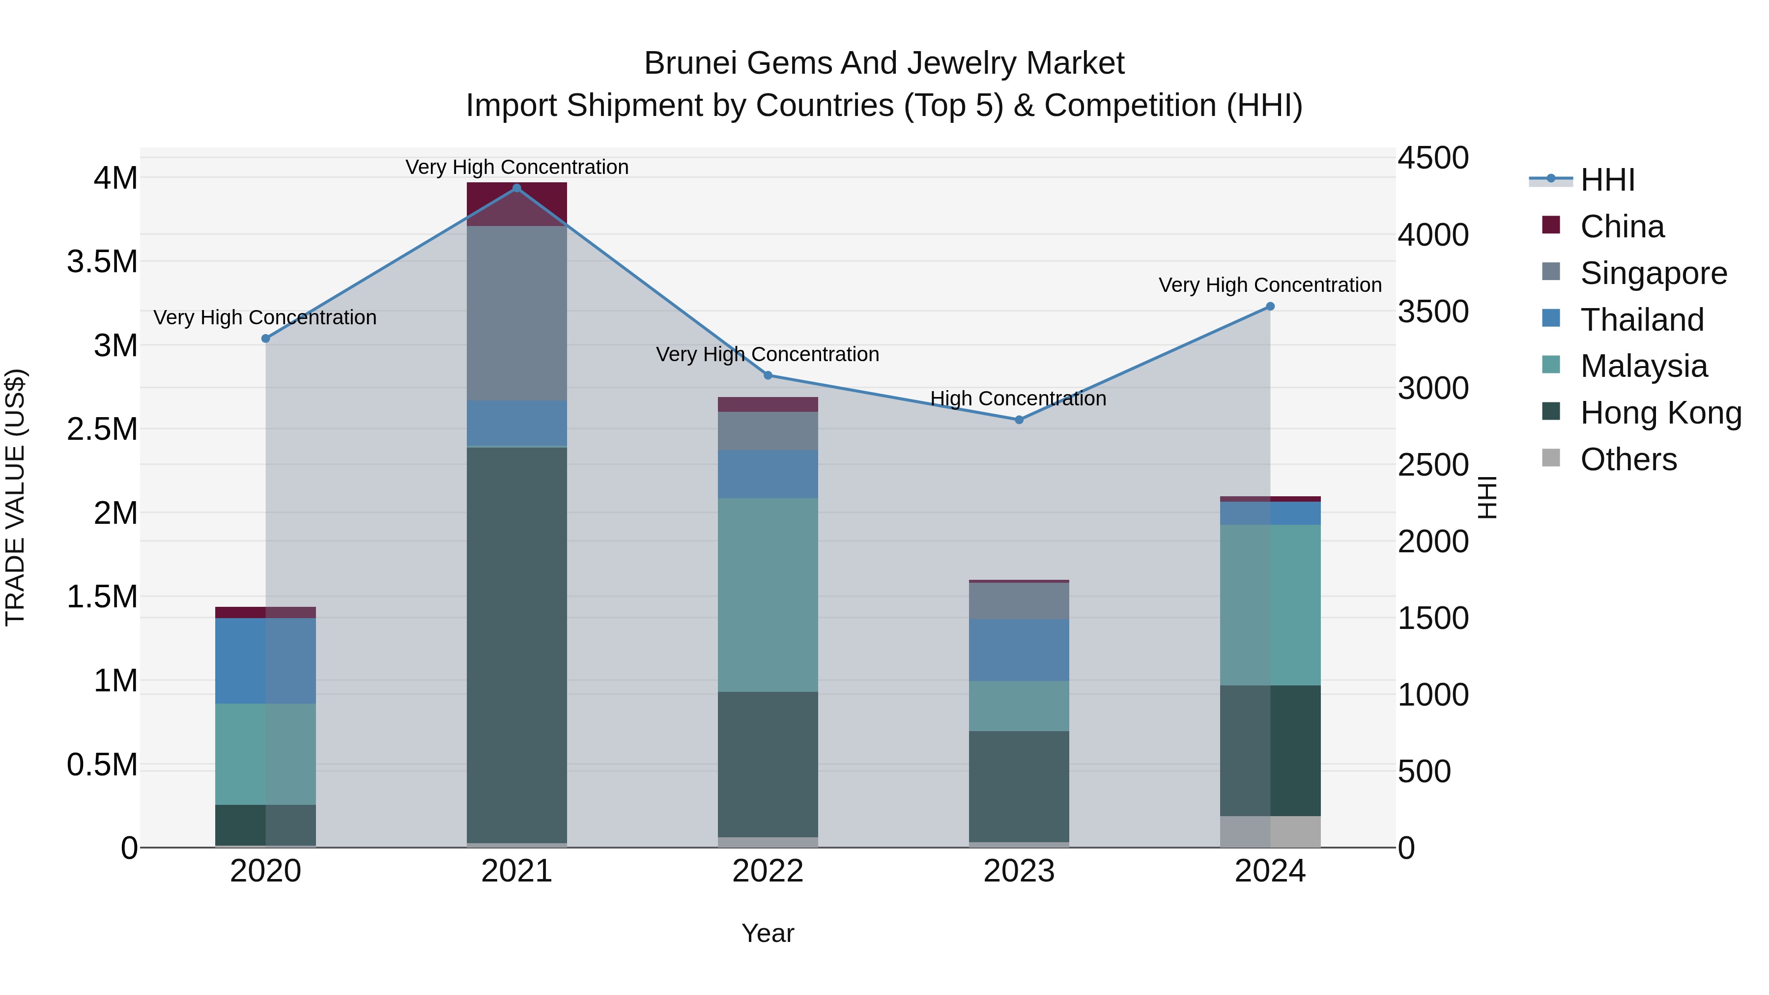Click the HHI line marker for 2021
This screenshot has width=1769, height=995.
(x=517, y=188)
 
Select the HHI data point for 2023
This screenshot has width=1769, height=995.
(x=1019, y=420)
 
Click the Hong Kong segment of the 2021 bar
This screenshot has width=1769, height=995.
(x=517, y=646)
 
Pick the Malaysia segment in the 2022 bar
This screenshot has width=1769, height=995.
(x=768, y=595)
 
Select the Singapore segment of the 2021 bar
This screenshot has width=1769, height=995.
(x=517, y=313)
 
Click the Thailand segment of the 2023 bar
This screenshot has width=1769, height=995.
(x=1019, y=650)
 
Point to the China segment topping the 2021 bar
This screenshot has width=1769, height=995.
(x=517, y=204)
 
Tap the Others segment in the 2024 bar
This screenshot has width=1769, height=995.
(x=1270, y=831)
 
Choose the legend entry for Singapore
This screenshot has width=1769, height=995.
(x=1653, y=273)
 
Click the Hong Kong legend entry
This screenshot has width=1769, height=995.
(x=1660, y=413)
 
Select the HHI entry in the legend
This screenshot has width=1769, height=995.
(x=1607, y=180)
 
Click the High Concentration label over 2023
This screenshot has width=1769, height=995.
(x=1018, y=398)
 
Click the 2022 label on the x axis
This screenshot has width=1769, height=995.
(x=768, y=871)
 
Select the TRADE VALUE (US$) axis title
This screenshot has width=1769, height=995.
(x=15, y=497)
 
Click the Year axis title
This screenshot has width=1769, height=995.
(x=768, y=933)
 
